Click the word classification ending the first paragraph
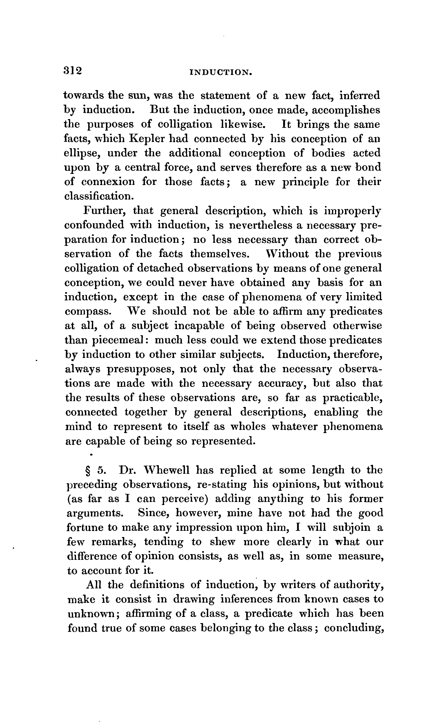click(x=99, y=196)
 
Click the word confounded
click(x=95, y=225)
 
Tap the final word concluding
click(x=354, y=629)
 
